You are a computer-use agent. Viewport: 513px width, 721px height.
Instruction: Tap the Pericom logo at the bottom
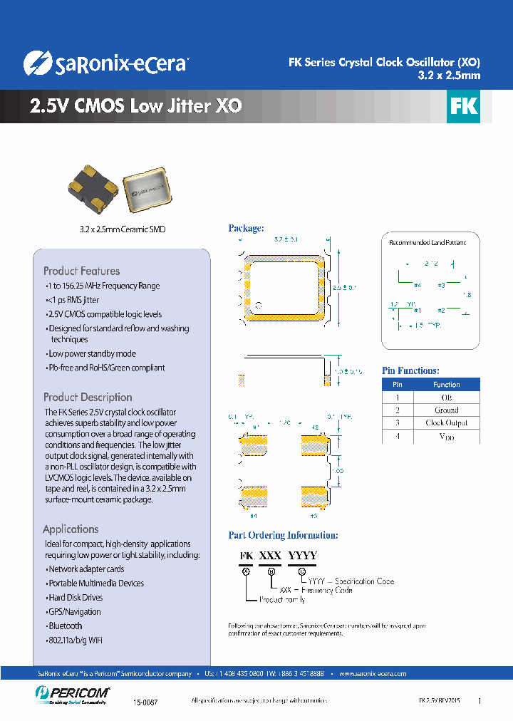[x=71, y=693]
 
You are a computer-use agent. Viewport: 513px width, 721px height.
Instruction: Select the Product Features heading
[x=81, y=271]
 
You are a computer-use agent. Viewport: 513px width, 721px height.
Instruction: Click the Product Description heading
[x=88, y=397]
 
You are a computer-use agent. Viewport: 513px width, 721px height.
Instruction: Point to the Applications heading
[x=71, y=529]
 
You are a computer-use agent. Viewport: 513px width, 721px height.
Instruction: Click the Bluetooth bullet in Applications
[x=65, y=626]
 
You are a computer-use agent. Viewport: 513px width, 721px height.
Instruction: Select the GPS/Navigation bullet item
[x=74, y=611]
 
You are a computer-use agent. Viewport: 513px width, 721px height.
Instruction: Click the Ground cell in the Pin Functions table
[x=447, y=410]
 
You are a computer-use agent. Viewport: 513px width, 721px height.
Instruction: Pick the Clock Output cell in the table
[x=447, y=423]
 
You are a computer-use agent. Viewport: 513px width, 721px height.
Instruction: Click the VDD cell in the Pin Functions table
[x=447, y=437]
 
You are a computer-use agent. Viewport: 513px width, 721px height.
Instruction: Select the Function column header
[x=447, y=385]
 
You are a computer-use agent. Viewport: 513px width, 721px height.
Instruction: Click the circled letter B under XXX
[x=270, y=571]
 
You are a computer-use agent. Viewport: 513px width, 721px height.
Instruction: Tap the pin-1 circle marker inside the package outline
[x=259, y=306]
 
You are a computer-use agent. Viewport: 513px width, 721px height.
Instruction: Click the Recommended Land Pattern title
[x=427, y=243]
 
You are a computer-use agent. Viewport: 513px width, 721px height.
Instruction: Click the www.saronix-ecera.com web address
[x=373, y=673]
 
